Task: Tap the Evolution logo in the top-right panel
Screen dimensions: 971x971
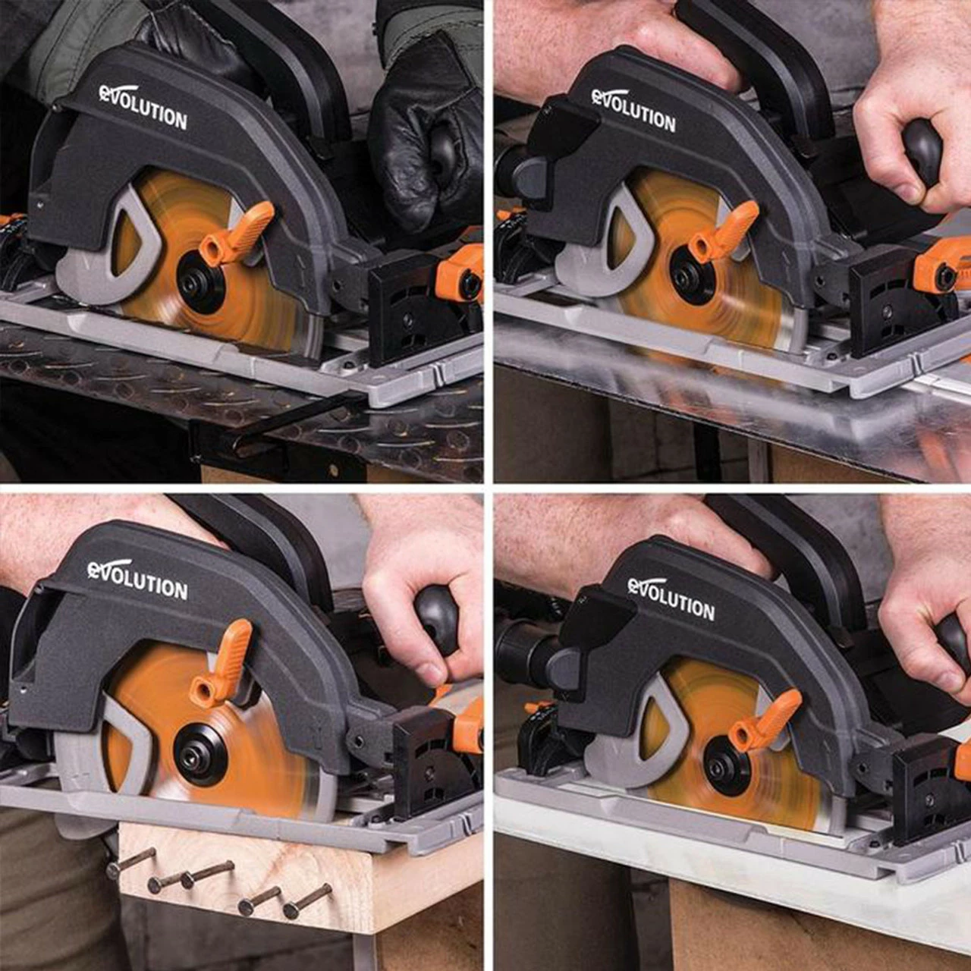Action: (633, 110)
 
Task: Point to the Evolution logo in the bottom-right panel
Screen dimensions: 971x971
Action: (671, 599)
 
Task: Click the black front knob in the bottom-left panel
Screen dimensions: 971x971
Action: (437, 617)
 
